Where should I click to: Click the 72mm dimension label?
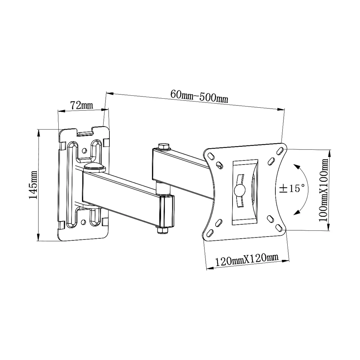[81, 105]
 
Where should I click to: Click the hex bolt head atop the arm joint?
[164, 146]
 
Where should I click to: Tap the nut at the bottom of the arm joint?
[163, 230]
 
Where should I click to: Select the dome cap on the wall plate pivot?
[94, 166]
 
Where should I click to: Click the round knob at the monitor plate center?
[239, 190]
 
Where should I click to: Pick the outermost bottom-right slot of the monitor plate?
[279, 227]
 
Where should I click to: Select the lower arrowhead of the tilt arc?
[296, 213]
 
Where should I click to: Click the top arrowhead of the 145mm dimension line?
[39, 131]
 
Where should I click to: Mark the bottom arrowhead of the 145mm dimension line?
[38, 239]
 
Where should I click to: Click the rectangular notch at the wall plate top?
[85, 133]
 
